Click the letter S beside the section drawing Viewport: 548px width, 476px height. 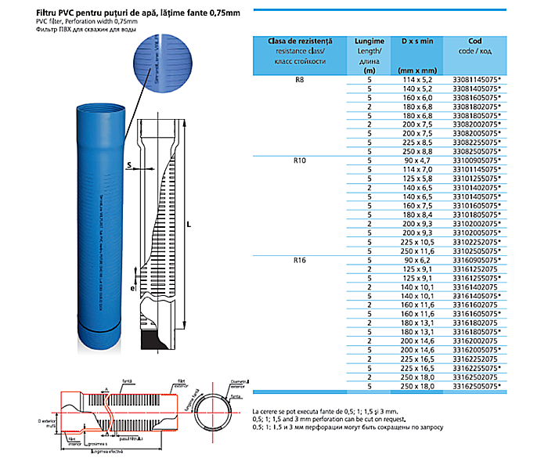(128, 166)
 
